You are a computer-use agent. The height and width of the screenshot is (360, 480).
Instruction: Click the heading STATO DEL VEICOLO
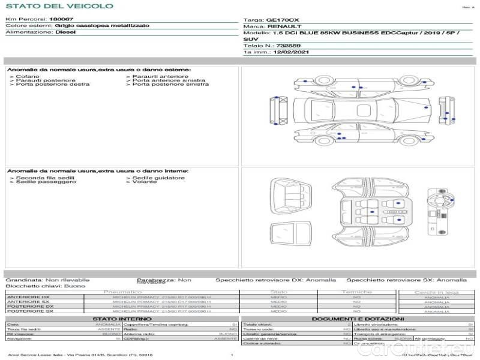click(x=59, y=6)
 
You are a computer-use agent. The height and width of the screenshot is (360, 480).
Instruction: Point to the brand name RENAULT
click(x=284, y=26)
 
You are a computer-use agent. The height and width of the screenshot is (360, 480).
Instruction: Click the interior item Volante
click(x=145, y=182)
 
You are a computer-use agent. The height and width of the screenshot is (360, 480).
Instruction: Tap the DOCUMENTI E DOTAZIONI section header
click(x=358, y=319)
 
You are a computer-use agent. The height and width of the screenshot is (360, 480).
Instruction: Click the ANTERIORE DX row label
click(x=28, y=297)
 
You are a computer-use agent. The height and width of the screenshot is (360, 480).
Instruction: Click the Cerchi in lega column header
click(x=436, y=292)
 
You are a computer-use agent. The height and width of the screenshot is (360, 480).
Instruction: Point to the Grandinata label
click(x=24, y=280)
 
